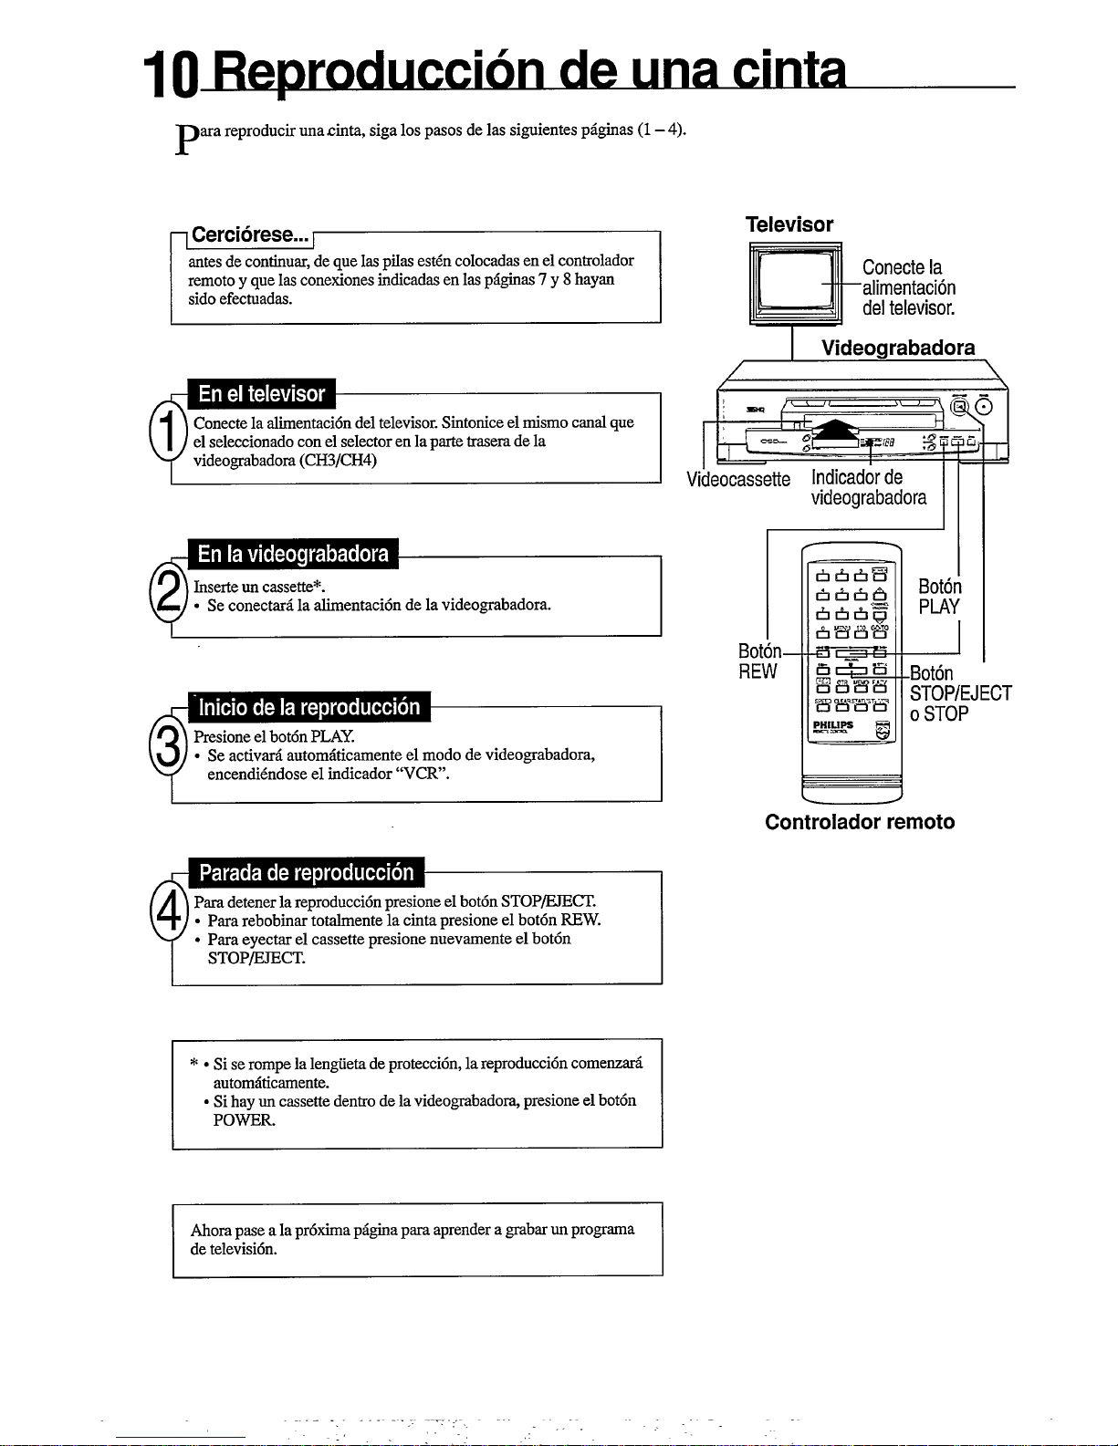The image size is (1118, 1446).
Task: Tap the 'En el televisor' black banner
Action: (x=261, y=394)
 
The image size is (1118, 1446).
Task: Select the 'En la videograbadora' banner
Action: (x=293, y=554)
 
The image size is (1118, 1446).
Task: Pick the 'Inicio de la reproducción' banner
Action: (x=308, y=708)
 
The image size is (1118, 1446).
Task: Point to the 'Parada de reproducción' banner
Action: (x=306, y=873)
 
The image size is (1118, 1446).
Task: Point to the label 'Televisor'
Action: (x=789, y=225)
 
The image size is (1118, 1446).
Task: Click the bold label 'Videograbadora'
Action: (x=897, y=348)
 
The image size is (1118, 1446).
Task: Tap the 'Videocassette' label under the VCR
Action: (x=738, y=480)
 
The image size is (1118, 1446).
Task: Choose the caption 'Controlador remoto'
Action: (x=860, y=822)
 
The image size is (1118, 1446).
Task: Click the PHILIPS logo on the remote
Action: (x=832, y=725)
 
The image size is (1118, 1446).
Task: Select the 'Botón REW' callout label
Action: (x=758, y=661)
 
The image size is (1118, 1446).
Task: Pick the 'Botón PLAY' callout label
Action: (x=939, y=597)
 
